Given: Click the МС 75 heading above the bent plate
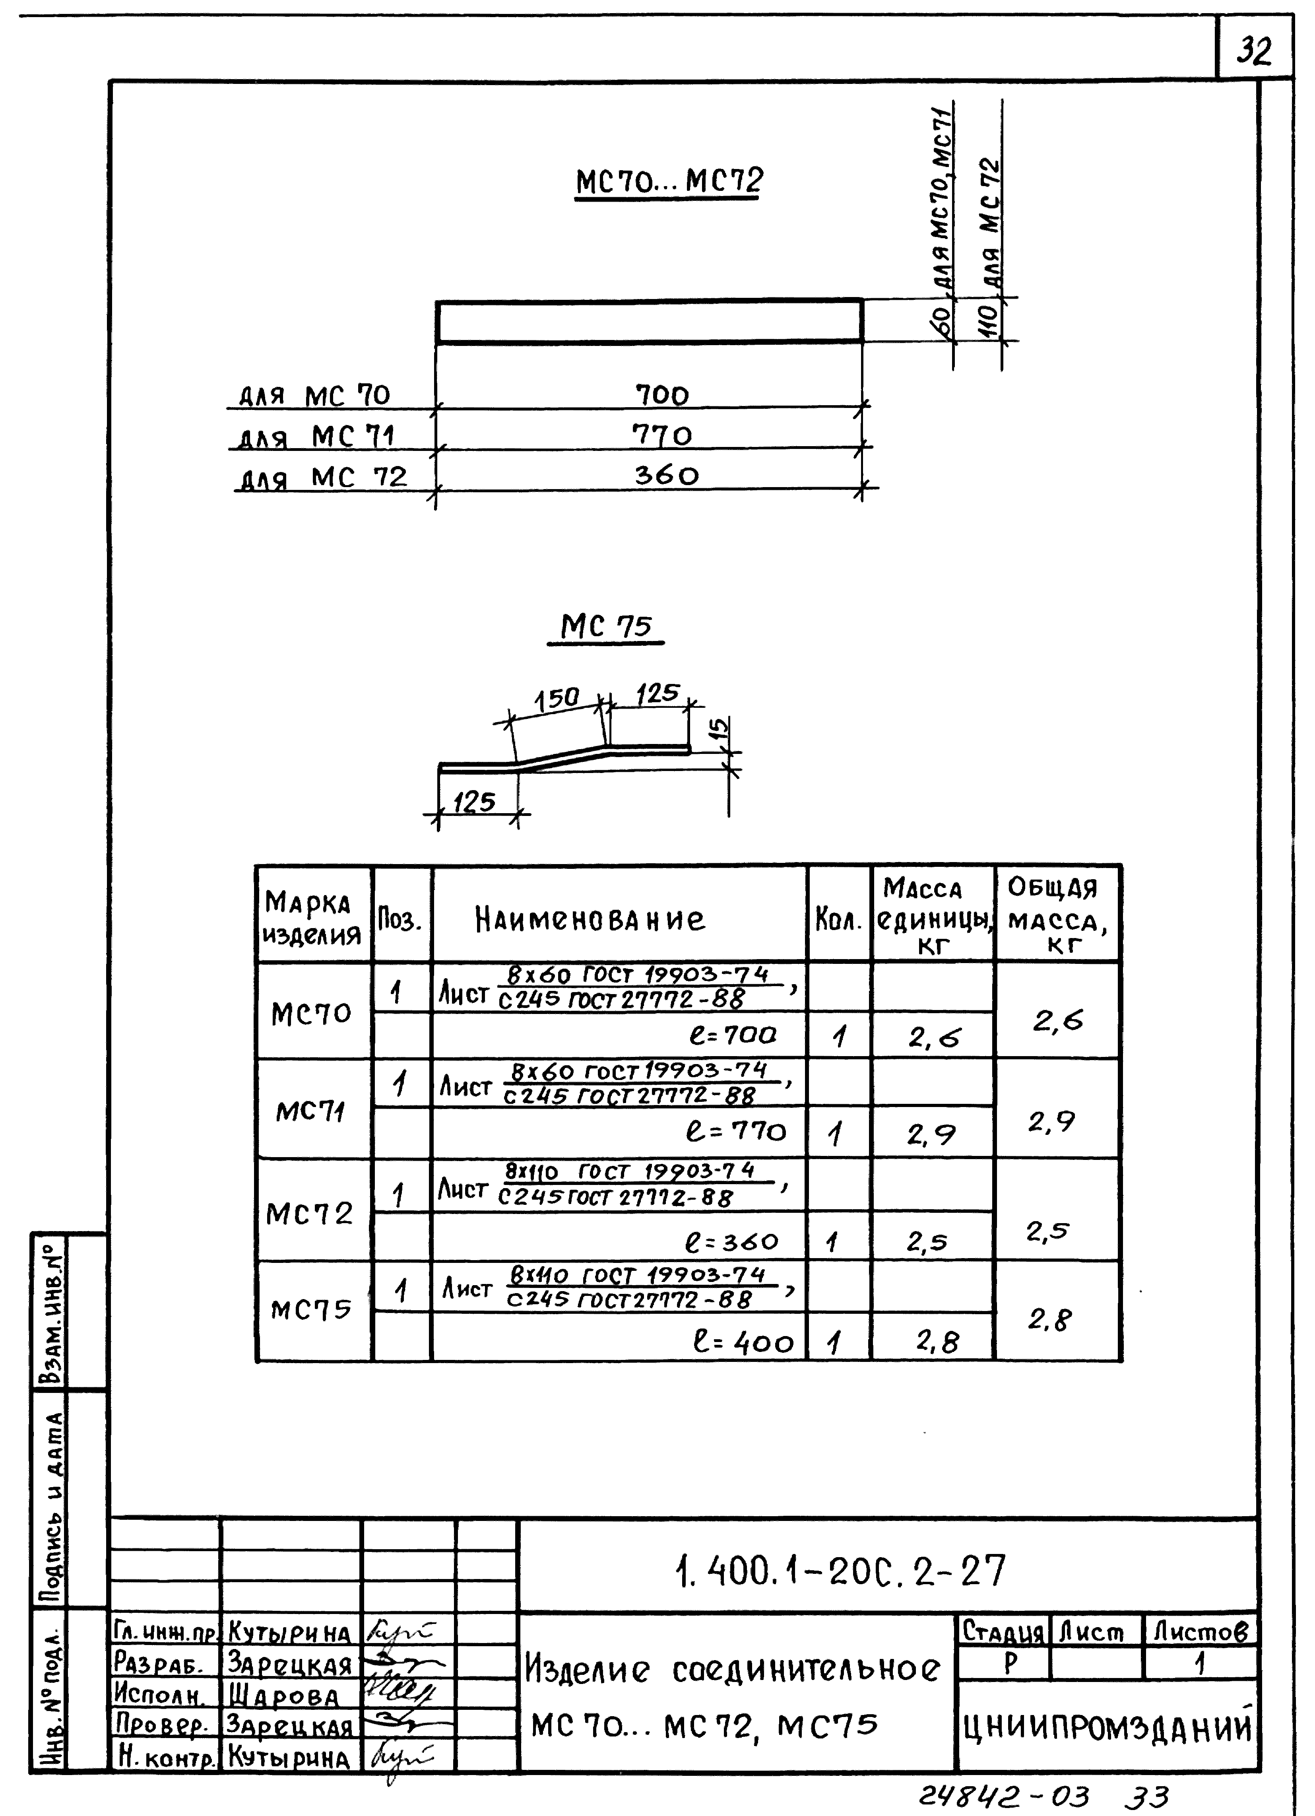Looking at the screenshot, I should coord(606,626).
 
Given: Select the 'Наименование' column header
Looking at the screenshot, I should coord(590,919).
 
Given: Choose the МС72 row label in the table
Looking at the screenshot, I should coord(310,1214).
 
